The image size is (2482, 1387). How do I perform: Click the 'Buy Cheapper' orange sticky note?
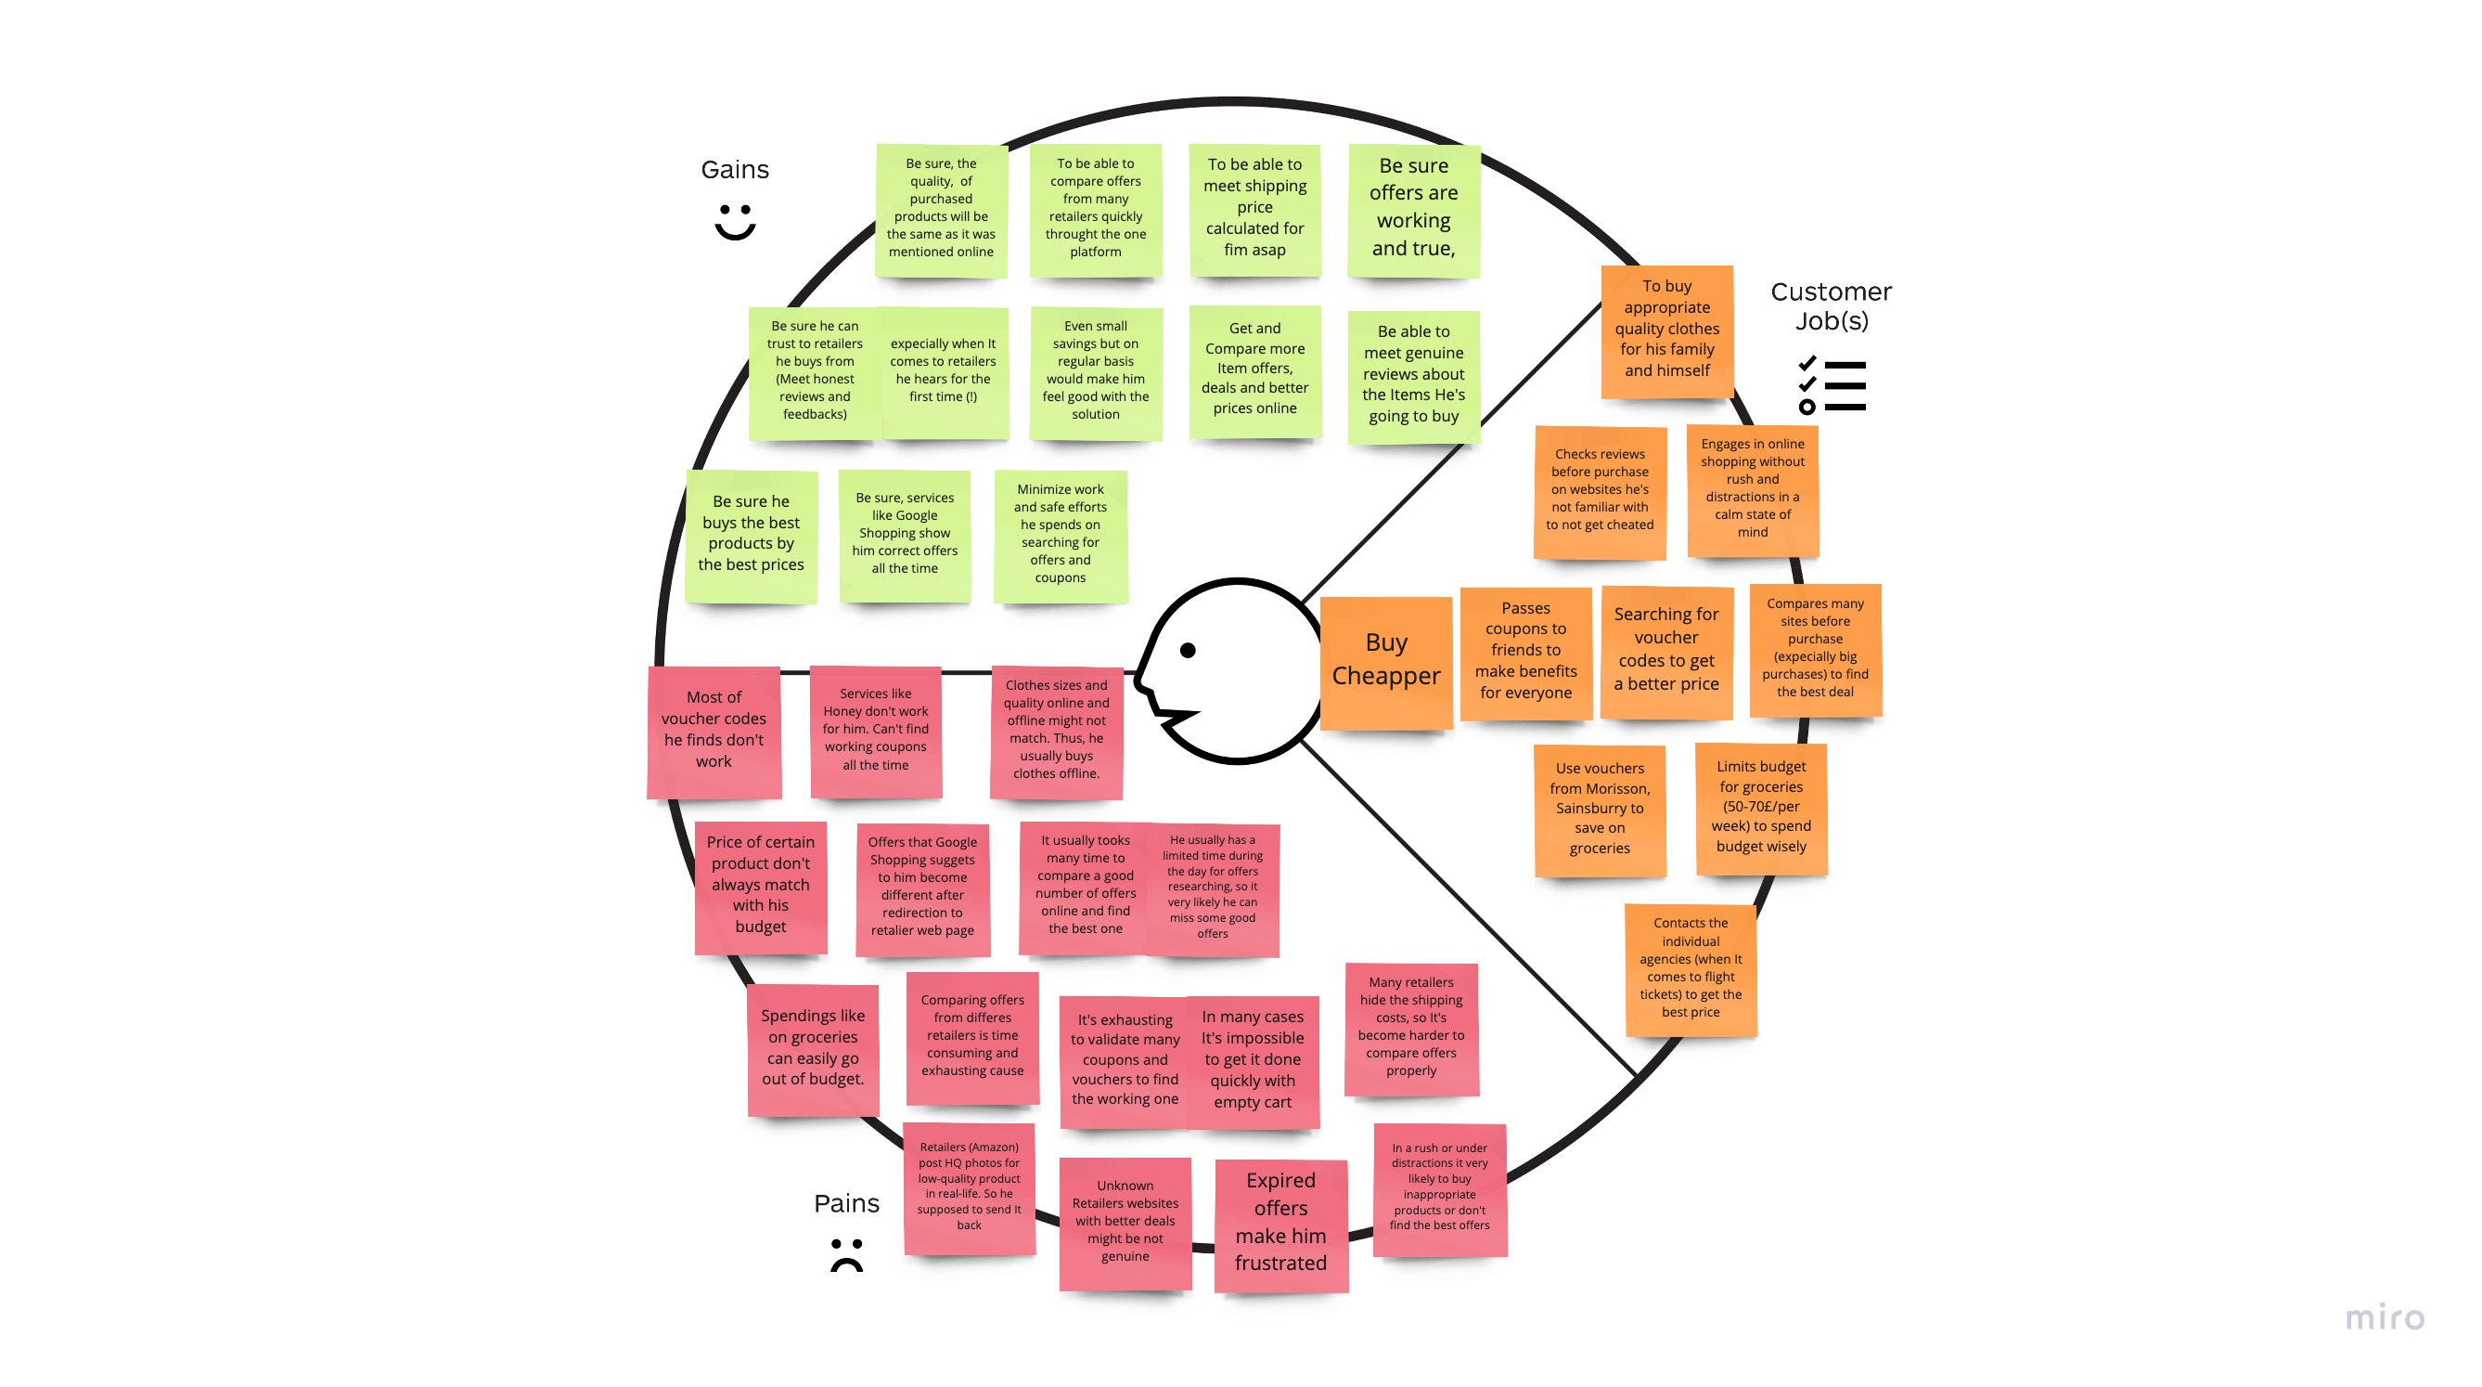point(1385,660)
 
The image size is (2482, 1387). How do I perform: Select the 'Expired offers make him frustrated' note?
point(1280,1221)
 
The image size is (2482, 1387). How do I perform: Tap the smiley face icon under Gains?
point(735,221)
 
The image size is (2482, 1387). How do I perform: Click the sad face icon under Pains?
point(847,1254)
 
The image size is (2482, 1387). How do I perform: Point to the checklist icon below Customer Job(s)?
point(1832,385)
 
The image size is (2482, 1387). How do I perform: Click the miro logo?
point(2384,1316)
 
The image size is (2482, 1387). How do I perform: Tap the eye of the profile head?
point(1188,651)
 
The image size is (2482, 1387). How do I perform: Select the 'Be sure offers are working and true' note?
point(1413,208)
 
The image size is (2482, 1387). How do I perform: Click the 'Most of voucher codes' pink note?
point(714,730)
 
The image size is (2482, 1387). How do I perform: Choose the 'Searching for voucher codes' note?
point(1665,650)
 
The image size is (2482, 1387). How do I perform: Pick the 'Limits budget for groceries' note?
point(1760,807)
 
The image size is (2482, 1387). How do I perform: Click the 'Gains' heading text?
point(735,170)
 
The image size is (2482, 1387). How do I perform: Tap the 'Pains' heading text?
point(846,1203)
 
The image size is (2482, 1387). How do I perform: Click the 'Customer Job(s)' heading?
point(1831,305)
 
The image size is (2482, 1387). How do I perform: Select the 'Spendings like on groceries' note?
point(812,1048)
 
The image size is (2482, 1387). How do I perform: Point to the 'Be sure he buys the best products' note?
point(751,534)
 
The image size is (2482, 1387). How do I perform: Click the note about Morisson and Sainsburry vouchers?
point(1600,809)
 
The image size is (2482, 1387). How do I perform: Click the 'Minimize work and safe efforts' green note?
point(1060,534)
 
